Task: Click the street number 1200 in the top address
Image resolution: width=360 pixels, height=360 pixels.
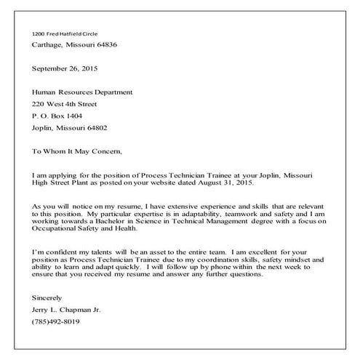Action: click(x=39, y=34)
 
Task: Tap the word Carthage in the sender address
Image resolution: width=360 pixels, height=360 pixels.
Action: click(x=48, y=45)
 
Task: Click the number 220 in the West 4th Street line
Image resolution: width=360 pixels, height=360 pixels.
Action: click(x=39, y=104)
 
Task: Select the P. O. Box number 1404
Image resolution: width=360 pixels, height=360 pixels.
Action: click(x=73, y=116)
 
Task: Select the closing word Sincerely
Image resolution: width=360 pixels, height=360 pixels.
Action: click(x=48, y=298)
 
